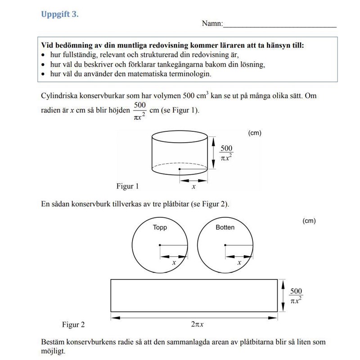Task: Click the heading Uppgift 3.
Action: (x=60, y=14)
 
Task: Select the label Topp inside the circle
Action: (x=160, y=227)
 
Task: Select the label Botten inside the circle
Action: (x=225, y=227)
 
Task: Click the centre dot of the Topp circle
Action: (x=160, y=245)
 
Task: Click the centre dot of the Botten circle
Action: (x=225, y=245)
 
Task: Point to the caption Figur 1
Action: (x=127, y=186)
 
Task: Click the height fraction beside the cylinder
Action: (x=227, y=153)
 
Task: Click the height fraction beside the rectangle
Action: (x=296, y=296)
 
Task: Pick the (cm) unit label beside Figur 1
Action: (x=255, y=133)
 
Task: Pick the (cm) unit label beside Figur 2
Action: (x=309, y=221)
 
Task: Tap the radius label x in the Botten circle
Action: (x=239, y=262)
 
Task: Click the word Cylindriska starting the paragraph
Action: (x=58, y=96)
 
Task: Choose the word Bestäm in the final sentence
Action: (x=52, y=342)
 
